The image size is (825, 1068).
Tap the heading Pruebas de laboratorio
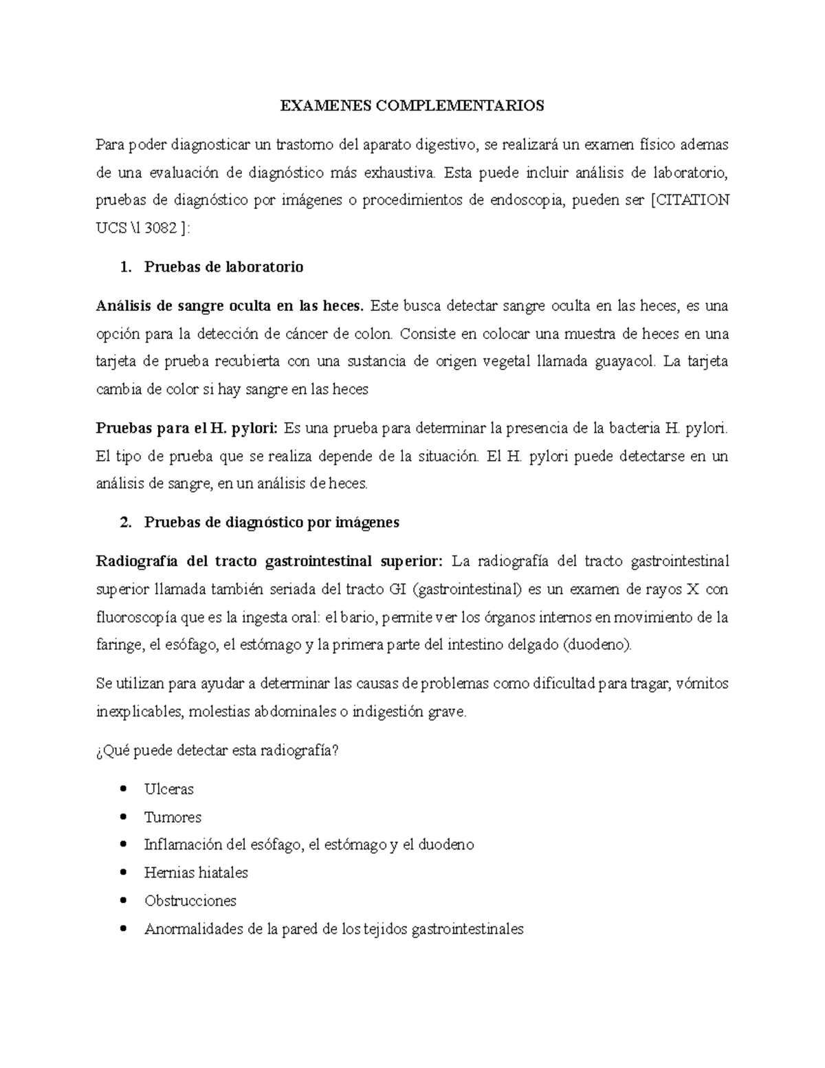click(223, 267)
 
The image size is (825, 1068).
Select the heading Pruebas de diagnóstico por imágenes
click(272, 522)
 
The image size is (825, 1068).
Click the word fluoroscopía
click(135, 618)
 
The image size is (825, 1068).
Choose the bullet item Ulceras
click(169, 789)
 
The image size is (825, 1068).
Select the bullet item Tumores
click(173, 817)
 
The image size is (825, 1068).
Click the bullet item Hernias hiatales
click(196, 873)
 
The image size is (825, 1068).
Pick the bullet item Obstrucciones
click(190, 901)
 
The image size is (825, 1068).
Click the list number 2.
click(125, 522)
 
